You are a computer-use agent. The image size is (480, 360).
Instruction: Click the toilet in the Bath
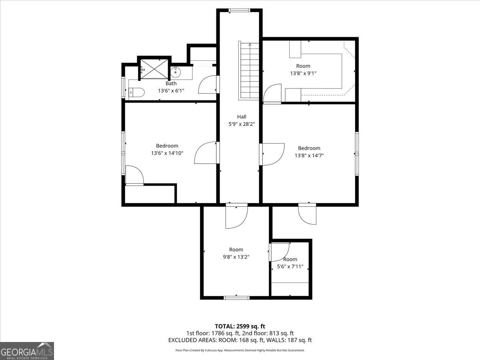136,92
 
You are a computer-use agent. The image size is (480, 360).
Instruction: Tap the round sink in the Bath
175,72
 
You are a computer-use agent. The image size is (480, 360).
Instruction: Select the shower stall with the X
154,69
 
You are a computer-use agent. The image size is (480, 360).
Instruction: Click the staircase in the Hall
249,70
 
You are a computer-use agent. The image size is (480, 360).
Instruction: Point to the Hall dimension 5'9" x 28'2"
242,124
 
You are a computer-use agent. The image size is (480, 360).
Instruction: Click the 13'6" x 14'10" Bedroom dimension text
167,153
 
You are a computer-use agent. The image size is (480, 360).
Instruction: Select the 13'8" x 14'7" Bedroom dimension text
309,156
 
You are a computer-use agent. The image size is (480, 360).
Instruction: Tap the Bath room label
171,83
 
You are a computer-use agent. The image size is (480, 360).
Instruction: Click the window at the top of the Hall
239,10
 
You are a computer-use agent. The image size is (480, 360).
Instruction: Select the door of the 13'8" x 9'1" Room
272,93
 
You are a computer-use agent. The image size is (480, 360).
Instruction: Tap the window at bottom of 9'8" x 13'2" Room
237,298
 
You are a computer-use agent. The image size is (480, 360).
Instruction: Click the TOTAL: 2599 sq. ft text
240,326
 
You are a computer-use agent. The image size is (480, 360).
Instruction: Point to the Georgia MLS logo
27,351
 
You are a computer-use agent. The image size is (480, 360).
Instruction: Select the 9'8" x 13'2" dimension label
236,257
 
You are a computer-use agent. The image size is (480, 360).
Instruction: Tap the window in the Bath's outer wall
123,87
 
